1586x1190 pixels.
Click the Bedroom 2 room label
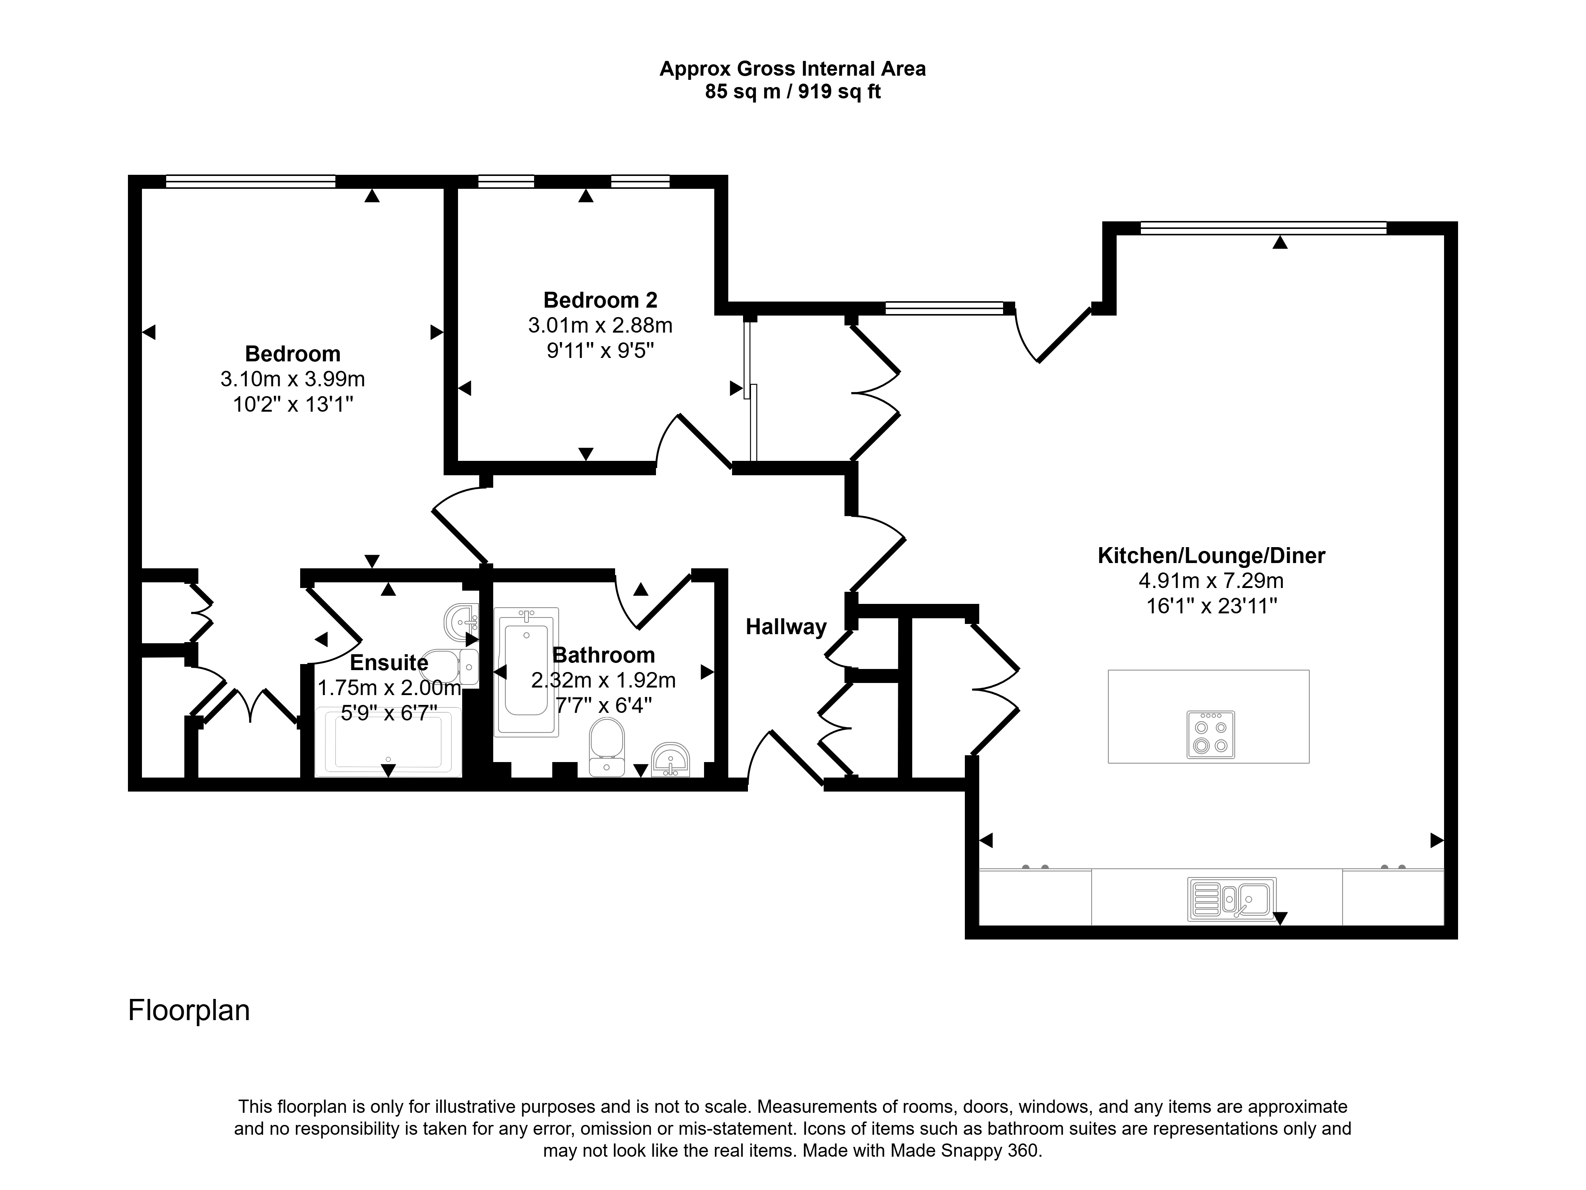point(600,300)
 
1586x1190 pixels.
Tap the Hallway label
point(786,627)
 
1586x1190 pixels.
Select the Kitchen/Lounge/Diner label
point(1211,555)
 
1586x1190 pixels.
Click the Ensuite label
point(389,663)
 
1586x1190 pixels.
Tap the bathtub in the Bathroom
point(526,672)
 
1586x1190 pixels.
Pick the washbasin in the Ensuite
point(461,621)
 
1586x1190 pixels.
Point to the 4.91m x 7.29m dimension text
point(1211,581)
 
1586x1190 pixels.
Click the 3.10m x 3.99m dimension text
point(293,378)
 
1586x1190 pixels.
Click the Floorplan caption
point(189,1011)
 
